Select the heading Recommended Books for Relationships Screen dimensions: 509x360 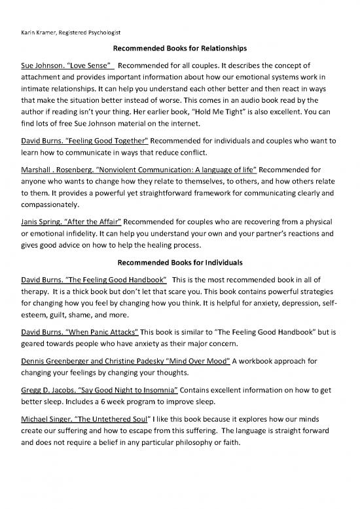pos(180,48)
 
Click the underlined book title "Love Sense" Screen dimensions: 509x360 pos(96,66)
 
